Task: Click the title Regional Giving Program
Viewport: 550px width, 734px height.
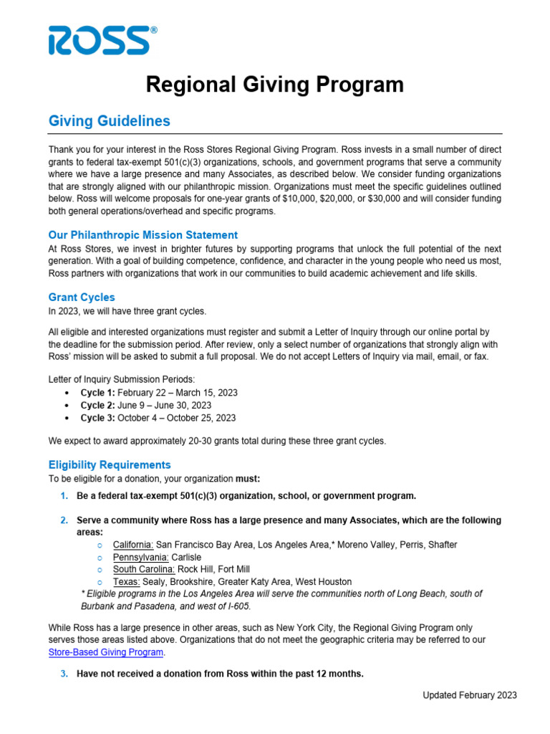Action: point(275,85)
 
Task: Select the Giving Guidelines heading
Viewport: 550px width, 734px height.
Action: point(109,121)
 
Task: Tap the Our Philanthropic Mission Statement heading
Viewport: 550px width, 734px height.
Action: point(143,235)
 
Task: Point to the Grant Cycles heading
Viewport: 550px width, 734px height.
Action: point(82,297)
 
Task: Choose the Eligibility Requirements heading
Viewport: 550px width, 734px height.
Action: point(110,464)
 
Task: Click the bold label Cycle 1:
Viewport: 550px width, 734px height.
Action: point(97,393)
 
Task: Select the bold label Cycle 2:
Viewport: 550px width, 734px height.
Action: point(97,405)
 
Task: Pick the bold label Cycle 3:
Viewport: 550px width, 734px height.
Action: point(97,418)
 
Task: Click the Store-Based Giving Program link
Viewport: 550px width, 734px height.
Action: point(106,652)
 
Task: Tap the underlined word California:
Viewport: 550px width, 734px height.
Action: point(132,545)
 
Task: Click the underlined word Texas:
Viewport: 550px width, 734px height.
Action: point(126,581)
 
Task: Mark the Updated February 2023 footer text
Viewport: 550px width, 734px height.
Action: point(469,695)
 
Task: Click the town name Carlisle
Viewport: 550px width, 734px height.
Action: point(186,557)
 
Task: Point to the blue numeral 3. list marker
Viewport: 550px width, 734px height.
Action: point(63,673)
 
